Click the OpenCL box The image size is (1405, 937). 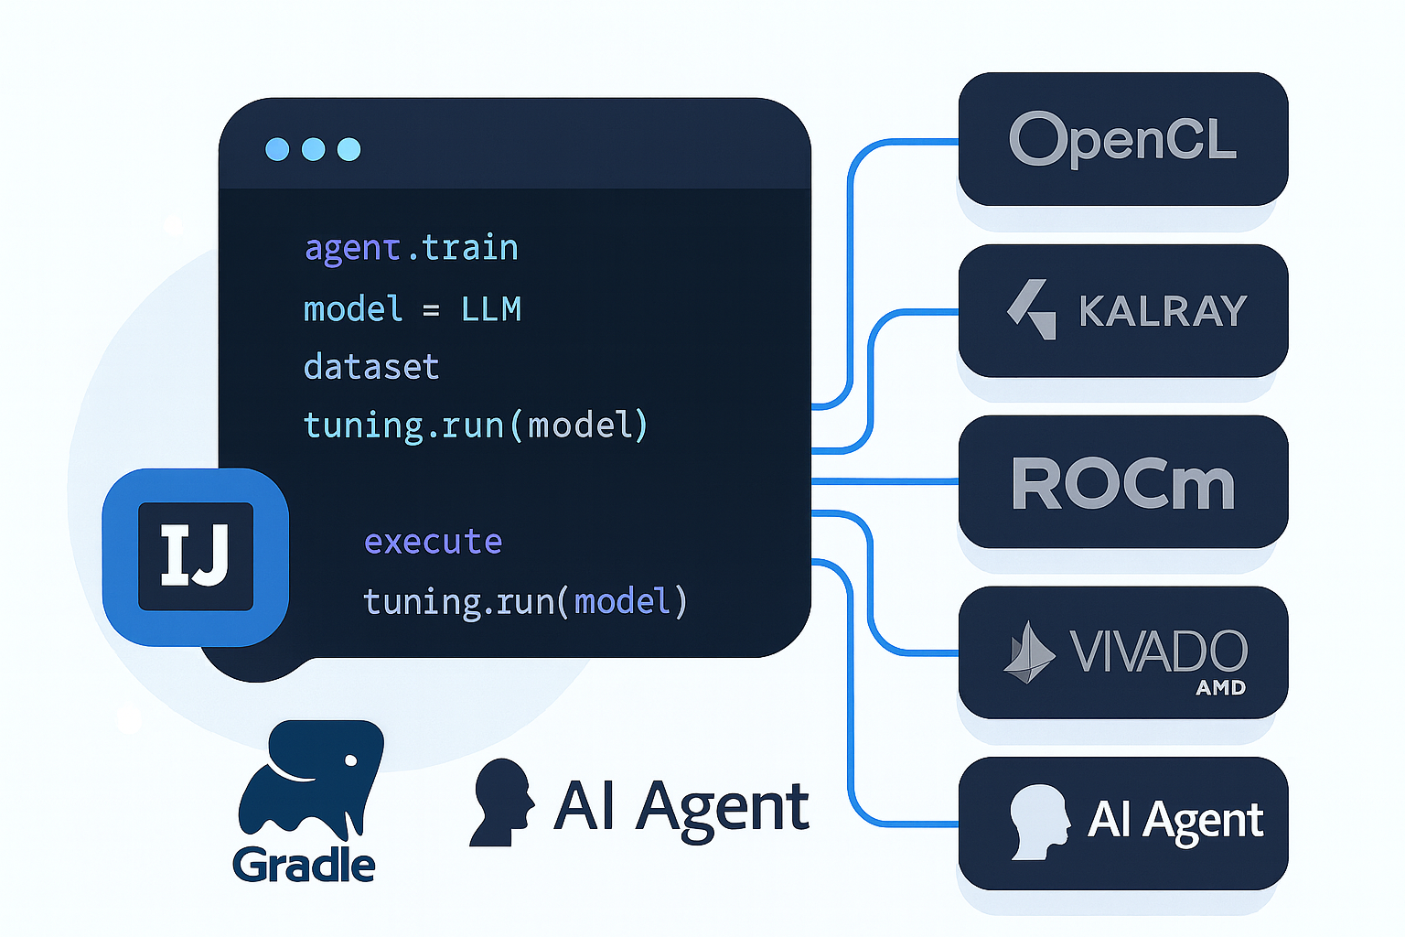coord(1122,139)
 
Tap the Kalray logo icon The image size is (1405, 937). coord(1032,309)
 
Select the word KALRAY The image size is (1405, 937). coord(1163,311)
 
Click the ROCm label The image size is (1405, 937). coord(1122,483)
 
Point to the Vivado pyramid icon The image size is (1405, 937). coord(1029,653)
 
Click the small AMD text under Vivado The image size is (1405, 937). coord(1220,688)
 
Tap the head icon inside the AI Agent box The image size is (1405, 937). coord(1038,821)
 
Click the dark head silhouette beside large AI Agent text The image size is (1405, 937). coord(502,802)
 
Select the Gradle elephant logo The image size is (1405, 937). coord(311,778)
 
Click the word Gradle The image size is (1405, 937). coord(304,865)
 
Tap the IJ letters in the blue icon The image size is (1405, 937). coord(195,555)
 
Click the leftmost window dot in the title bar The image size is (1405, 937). coord(277,149)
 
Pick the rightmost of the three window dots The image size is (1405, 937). coord(349,149)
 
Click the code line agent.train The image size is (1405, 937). coord(411,248)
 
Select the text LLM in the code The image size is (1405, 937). coord(491,309)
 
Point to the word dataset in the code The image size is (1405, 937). coord(371,367)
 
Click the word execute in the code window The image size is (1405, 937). coord(433,542)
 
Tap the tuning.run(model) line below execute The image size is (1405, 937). coord(525,601)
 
